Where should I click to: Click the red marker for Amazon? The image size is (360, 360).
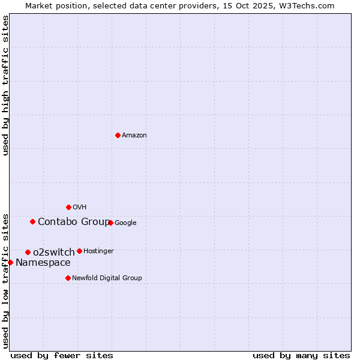[118, 135]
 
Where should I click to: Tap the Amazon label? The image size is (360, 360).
[134, 136]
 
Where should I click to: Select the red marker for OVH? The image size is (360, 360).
[68, 207]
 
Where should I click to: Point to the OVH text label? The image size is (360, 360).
[80, 208]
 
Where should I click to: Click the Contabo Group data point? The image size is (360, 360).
[32, 221]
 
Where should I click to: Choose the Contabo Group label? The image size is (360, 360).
[74, 222]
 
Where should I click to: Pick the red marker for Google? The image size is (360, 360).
[110, 223]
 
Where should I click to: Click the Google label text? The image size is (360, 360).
[125, 223]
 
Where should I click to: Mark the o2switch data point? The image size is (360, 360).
[28, 252]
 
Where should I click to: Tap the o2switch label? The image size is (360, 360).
[54, 252]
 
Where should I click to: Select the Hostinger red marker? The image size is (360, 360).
[79, 251]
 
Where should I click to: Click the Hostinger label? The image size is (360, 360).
[98, 251]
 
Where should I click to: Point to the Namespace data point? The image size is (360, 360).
[10, 262]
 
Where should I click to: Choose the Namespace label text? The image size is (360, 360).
[43, 263]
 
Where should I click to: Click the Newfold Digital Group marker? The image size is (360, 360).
[68, 278]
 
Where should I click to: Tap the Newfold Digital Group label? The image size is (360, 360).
[107, 278]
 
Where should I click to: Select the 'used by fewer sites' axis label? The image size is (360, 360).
[62, 355]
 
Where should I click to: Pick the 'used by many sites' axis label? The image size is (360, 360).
[301, 355]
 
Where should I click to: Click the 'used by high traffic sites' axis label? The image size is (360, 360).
[5, 85]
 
